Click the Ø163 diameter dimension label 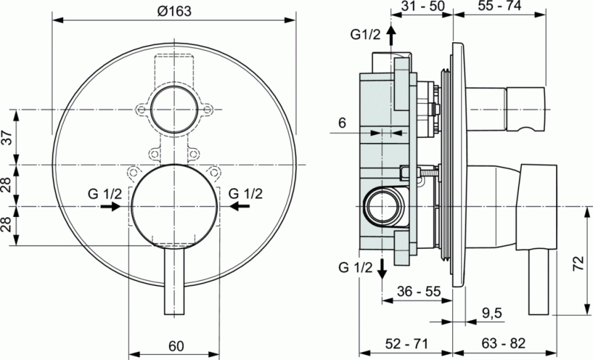pyautogui.click(x=174, y=10)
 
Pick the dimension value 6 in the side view pyautogui.click(x=342, y=123)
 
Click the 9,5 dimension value pyautogui.click(x=492, y=313)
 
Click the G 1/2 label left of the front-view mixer pyautogui.click(x=104, y=195)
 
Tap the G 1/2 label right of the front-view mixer pyautogui.click(x=245, y=195)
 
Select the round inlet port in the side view pyautogui.click(x=382, y=204)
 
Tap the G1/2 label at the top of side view pyautogui.click(x=365, y=35)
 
